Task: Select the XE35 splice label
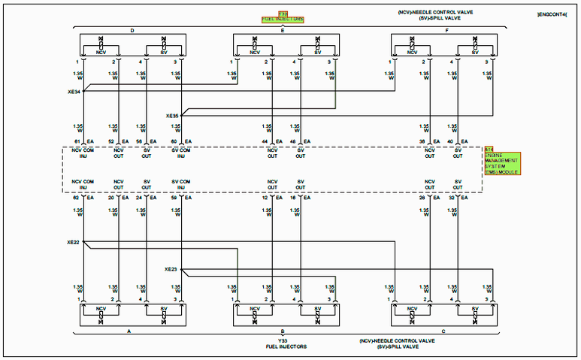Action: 172,116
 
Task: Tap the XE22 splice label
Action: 73,243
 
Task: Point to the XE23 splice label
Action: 171,269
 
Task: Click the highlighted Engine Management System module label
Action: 501,160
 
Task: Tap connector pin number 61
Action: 77,141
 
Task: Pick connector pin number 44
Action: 265,141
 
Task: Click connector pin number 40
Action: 450,141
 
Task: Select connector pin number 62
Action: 77,198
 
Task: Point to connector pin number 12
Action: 265,198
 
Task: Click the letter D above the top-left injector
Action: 132,31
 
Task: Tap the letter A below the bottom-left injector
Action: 129,331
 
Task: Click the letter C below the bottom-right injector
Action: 443,331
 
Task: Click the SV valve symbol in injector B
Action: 317,310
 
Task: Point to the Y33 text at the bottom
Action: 283,340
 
